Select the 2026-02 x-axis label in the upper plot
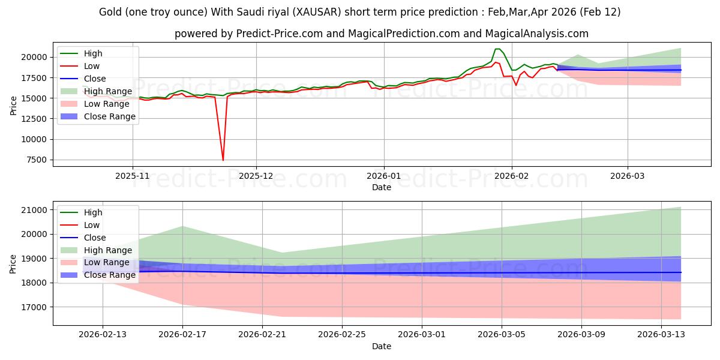[511, 177]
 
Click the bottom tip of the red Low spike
[223, 160]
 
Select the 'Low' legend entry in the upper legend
[92, 66]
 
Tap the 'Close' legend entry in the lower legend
[94, 238]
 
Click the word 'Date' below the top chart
[381, 187]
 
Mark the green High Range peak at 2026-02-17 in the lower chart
[182, 226]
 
